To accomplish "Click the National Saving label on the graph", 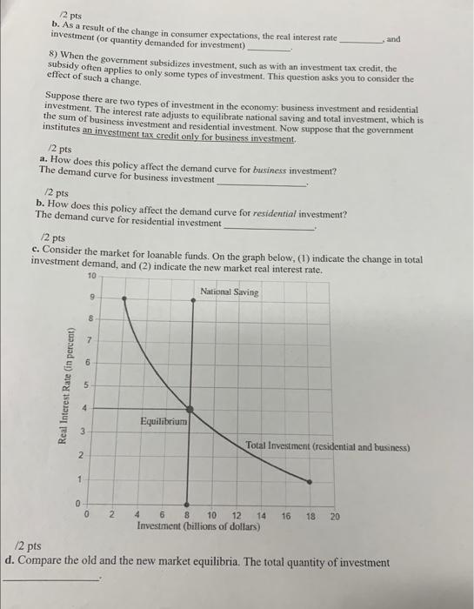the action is (x=229, y=291).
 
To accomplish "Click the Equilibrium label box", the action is (x=164, y=421).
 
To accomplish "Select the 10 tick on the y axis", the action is (x=93, y=276).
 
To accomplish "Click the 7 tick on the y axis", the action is (x=87, y=338).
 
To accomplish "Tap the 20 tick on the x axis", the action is (x=336, y=516).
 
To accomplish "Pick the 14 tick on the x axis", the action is (x=262, y=516).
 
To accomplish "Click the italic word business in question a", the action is (x=270, y=170).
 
